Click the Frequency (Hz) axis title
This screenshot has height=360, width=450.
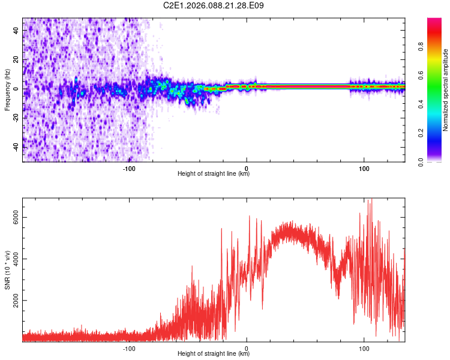pos(7,89)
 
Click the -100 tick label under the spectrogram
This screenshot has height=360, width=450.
pos(129,168)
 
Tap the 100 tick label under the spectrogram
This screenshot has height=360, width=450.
pos(364,168)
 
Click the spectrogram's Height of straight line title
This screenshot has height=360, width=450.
pos(214,174)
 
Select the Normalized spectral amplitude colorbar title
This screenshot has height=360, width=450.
pos(445,90)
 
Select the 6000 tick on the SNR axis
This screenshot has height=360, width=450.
pos(15,219)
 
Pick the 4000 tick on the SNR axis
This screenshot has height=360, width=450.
pos(15,260)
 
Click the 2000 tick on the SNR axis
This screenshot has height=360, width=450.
pos(15,301)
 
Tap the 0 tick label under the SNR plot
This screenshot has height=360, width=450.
pos(247,347)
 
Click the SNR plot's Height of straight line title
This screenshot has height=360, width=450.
pos(214,354)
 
